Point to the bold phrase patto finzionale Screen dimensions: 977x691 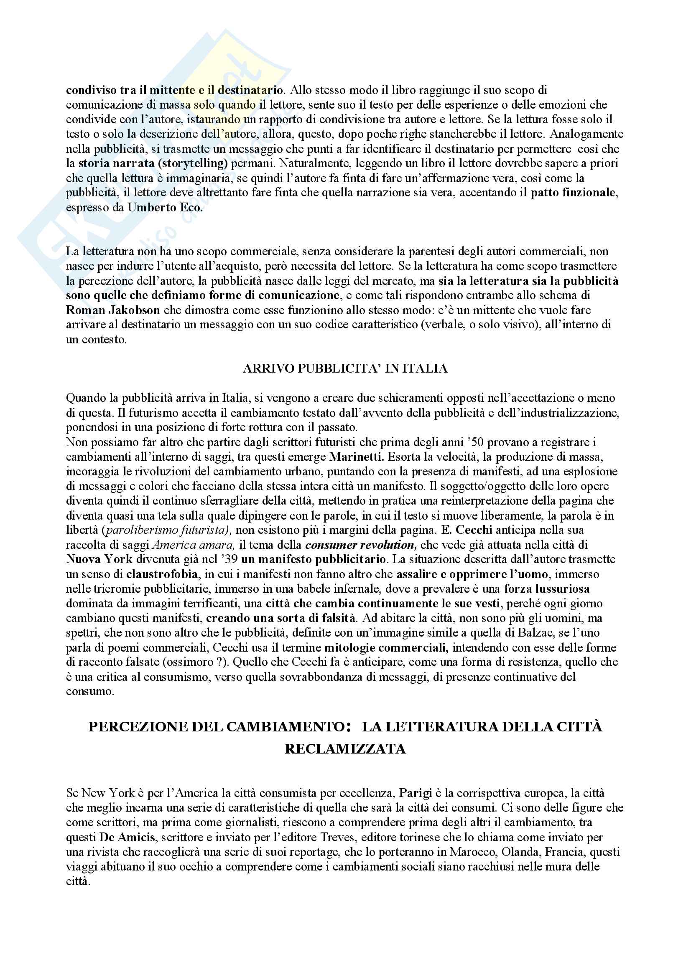(574, 193)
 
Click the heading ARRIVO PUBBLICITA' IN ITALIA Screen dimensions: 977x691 (345, 368)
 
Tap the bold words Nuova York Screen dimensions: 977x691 (99, 560)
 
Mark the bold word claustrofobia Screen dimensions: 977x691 (162, 574)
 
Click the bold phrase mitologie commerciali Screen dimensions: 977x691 (386, 648)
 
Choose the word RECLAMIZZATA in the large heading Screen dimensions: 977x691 (345, 749)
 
